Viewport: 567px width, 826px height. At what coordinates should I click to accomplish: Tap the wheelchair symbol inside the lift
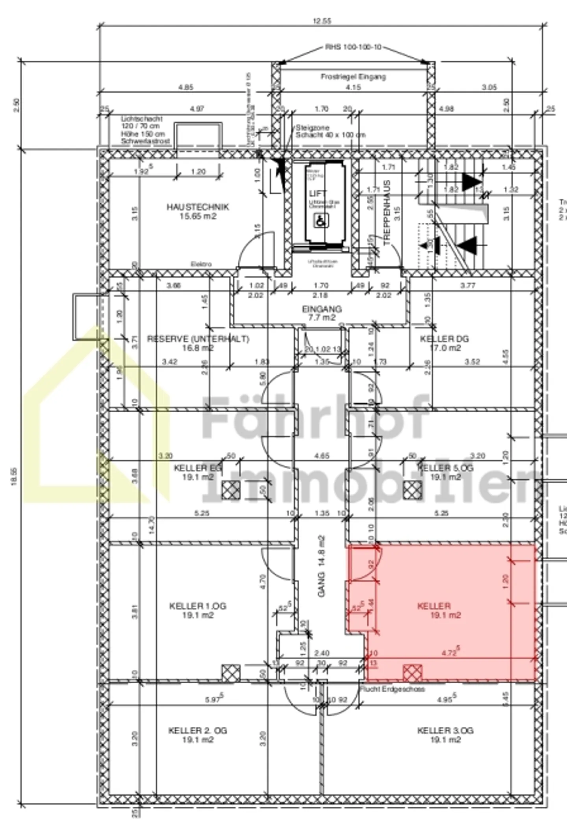[x=321, y=221]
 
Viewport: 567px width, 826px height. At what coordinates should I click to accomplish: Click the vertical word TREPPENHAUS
[x=387, y=213]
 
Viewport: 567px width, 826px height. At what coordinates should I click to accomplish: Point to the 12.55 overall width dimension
[x=322, y=21]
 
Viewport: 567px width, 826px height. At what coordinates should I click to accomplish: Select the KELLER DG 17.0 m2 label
[x=445, y=343]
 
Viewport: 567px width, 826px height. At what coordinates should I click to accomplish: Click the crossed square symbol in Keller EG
[x=231, y=491]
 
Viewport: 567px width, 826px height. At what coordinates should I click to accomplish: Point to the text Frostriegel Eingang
[x=353, y=77]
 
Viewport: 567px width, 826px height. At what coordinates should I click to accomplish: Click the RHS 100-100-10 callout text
[x=353, y=47]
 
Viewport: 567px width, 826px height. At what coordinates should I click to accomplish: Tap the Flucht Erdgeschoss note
[x=392, y=689]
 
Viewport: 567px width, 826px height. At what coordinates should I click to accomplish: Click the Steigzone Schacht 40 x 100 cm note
[x=330, y=132]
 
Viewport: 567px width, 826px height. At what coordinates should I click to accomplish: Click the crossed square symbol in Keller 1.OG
[x=231, y=673]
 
